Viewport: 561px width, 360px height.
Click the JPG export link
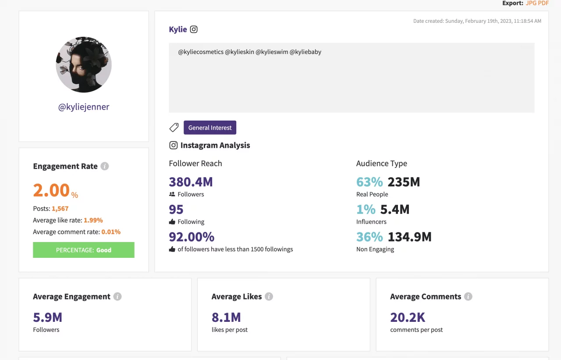click(x=531, y=3)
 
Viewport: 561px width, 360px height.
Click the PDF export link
click(x=543, y=3)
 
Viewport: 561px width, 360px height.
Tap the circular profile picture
click(x=84, y=64)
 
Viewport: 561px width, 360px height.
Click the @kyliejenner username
click(x=84, y=107)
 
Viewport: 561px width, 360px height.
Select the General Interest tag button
click(x=210, y=128)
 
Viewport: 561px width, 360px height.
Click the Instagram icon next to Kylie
click(x=194, y=29)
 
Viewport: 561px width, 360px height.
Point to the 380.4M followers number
click(x=191, y=182)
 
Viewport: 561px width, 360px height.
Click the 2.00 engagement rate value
click(x=51, y=190)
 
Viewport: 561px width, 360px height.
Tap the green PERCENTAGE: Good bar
click(x=84, y=250)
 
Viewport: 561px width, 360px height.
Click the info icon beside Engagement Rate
click(x=104, y=166)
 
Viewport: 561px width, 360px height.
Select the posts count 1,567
click(x=60, y=209)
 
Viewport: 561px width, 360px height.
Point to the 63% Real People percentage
click(x=369, y=182)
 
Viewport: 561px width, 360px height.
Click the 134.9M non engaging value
click(x=409, y=237)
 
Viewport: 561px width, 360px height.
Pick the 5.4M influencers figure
click(x=394, y=210)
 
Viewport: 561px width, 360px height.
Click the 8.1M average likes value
click(x=226, y=317)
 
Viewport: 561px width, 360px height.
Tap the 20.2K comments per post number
click(x=408, y=317)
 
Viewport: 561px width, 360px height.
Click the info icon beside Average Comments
click(x=468, y=296)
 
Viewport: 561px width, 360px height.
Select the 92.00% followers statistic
click(x=192, y=237)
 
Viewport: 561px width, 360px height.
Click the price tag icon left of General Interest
click(x=174, y=128)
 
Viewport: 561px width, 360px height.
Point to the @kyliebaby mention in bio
click(x=305, y=52)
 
